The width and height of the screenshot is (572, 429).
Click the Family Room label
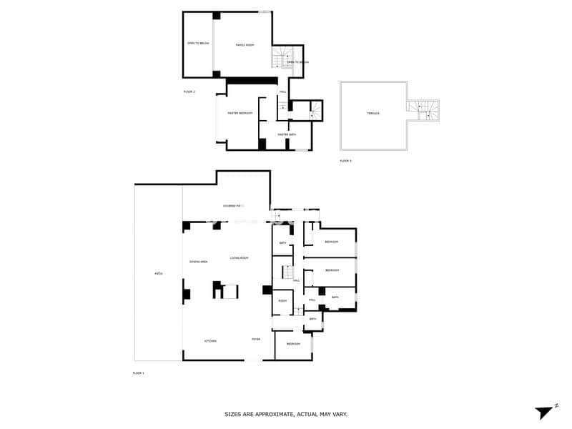tap(245, 45)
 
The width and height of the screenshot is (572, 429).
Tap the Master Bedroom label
tap(240, 113)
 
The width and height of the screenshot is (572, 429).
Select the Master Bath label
tap(287, 134)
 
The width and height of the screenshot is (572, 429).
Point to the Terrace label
tap(373, 114)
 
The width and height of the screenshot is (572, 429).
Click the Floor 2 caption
tap(189, 92)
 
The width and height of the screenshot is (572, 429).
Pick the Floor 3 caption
tap(345, 161)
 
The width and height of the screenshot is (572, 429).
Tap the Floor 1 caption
tap(138, 373)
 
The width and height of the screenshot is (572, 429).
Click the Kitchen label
tap(210, 340)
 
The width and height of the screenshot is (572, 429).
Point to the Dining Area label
tap(198, 262)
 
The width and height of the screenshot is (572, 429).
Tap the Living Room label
tap(239, 257)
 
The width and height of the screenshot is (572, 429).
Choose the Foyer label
tap(255, 339)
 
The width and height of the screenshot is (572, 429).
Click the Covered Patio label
tap(233, 206)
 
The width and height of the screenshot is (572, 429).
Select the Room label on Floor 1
tap(282, 300)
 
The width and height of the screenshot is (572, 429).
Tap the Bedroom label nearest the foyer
tap(293, 344)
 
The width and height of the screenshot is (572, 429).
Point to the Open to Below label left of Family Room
tap(198, 43)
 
